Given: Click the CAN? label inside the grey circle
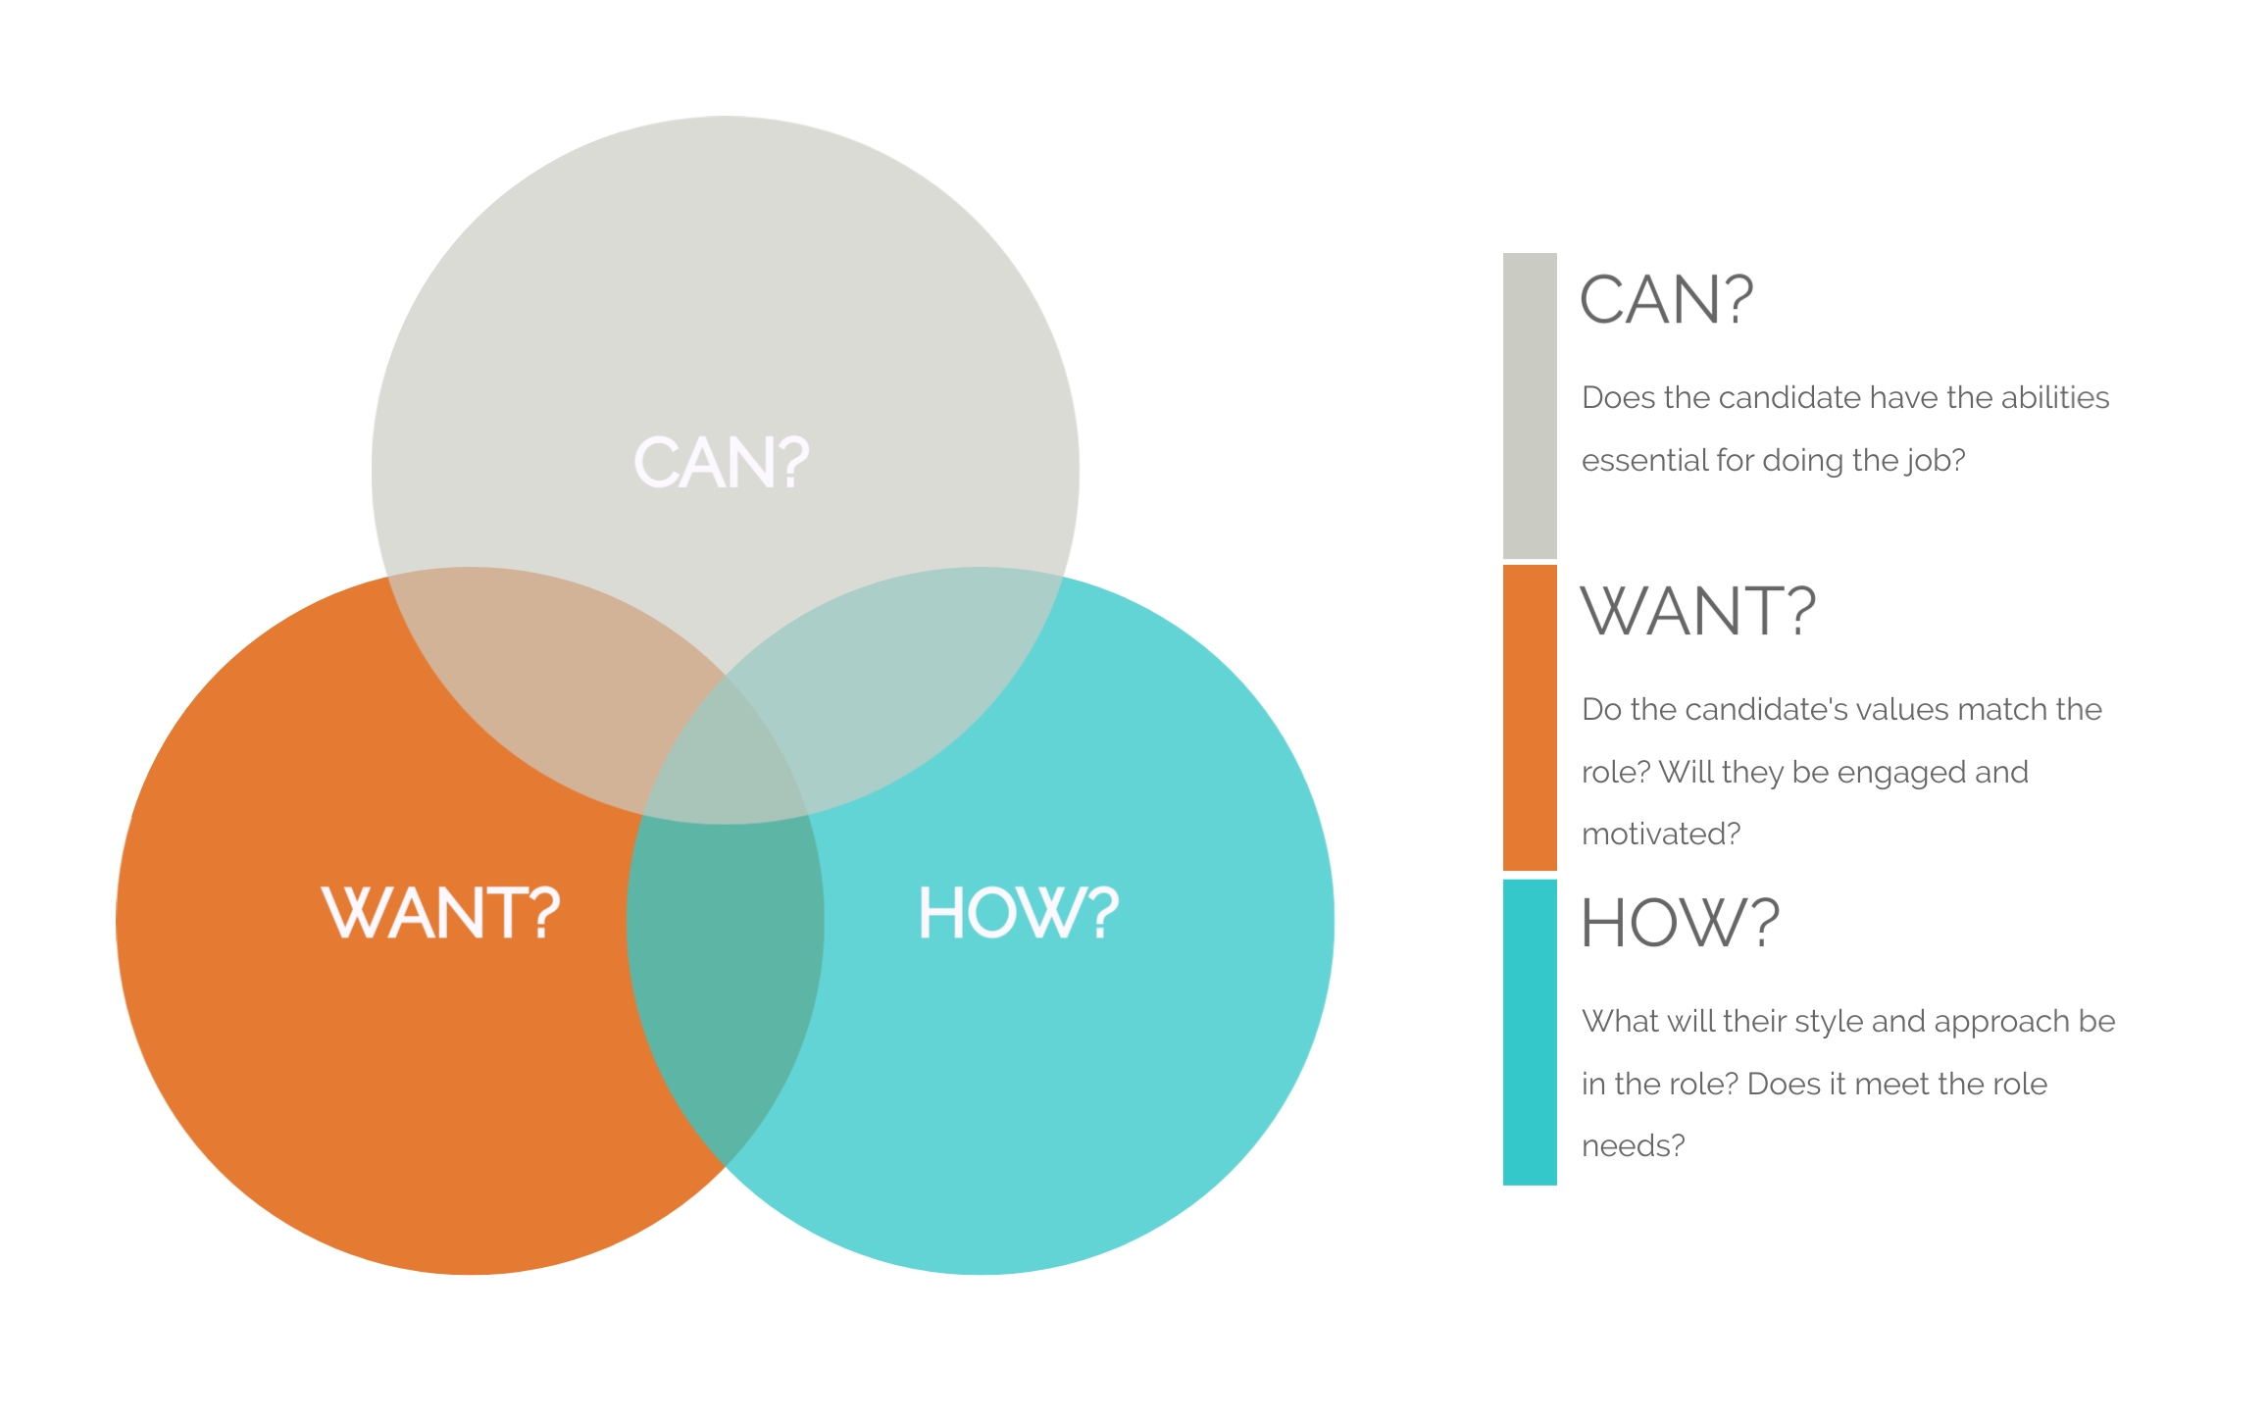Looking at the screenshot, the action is [x=722, y=462].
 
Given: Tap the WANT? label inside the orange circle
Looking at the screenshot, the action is [x=441, y=912].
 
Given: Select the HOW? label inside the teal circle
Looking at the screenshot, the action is [x=1019, y=912].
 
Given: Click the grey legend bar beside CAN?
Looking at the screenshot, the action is [x=1530, y=406].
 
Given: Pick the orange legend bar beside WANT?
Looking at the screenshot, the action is [x=1530, y=717].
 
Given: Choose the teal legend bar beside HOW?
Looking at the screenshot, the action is [x=1530, y=1032].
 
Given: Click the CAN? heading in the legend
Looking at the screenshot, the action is [x=1666, y=299].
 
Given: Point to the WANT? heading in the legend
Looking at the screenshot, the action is [x=1698, y=610].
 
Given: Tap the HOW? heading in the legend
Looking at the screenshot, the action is [x=1680, y=922].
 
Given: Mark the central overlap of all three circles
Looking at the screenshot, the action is [x=726, y=760].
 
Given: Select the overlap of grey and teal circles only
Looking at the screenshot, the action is [x=892, y=677].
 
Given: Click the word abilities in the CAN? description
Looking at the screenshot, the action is [x=2054, y=397].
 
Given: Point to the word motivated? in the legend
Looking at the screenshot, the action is [x=1661, y=834].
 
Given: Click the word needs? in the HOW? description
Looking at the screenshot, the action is [x=1634, y=1145].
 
